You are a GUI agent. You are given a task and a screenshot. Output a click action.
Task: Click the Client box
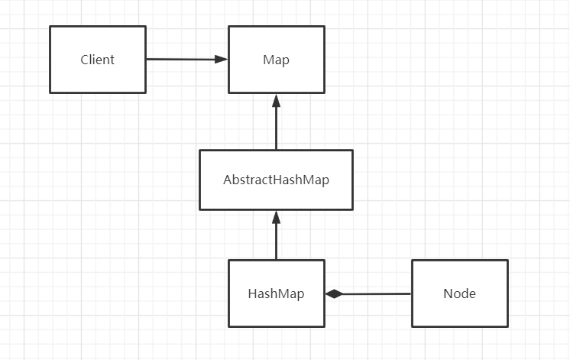(98, 60)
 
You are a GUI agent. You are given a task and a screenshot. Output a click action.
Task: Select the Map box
(277, 60)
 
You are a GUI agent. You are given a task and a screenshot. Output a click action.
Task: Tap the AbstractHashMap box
(277, 180)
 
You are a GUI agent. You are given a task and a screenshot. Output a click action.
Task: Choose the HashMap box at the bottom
(277, 294)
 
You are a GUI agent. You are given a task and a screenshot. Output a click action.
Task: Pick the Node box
(460, 294)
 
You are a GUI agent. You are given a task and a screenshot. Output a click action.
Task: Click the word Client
(98, 60)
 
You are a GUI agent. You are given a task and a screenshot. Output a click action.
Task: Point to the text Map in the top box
(277, 60)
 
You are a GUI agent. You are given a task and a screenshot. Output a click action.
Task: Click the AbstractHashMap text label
(277, 180)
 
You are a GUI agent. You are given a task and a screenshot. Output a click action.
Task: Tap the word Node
(459, 294)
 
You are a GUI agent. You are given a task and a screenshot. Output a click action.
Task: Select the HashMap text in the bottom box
(277, 294)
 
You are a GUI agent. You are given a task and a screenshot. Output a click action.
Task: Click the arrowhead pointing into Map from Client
(221, 60)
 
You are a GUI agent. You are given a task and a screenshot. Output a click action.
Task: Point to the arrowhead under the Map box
(277, 101)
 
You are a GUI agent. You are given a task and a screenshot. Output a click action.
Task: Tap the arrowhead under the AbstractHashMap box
(277, 218)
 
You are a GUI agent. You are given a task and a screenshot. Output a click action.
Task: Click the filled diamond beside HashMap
(334, 294)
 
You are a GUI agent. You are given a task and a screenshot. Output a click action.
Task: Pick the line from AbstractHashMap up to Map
(277, 122)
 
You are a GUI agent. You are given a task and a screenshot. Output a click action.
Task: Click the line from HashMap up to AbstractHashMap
(277, 235)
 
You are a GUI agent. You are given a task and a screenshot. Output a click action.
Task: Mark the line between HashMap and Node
(368, 294)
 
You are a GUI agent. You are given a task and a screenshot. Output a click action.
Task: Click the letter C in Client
(84, 60)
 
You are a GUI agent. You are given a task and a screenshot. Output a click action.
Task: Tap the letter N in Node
(448, 294)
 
